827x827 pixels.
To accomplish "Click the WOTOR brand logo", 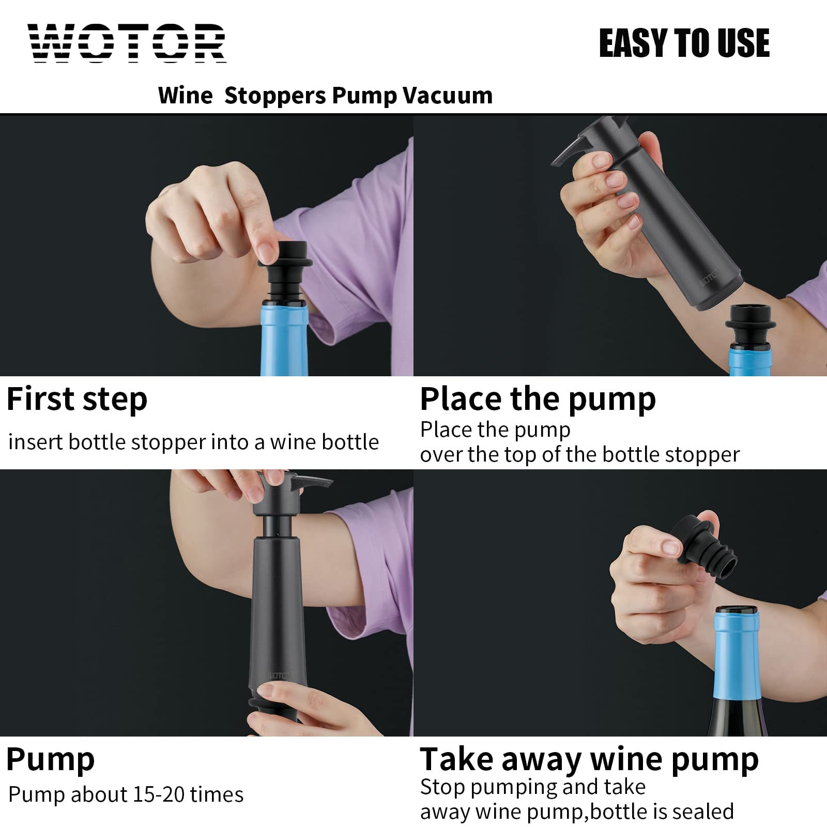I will coord(127,43).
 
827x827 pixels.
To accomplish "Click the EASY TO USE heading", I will coord(684,43).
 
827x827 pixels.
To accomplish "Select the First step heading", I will coord(77,400).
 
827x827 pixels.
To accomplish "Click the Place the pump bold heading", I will coord(538,400).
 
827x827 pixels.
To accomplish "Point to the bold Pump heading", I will coord(50,759).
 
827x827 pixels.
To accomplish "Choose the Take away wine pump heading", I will coord(589,759).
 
